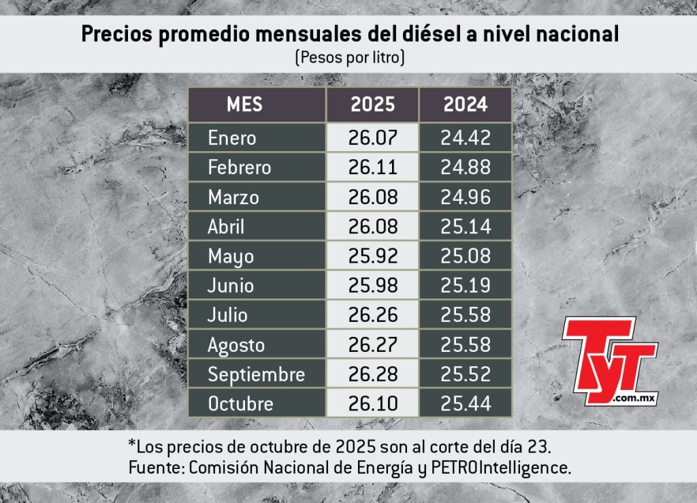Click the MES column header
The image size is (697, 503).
coord(244,105)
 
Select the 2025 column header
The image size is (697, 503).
coord(372,105)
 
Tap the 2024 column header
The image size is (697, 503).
coord(466,105)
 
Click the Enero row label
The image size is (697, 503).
coord(232,138)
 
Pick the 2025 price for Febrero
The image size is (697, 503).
coord(372,167)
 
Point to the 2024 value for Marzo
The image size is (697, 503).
coord(466,197)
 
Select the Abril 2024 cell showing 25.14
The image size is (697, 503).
coord(466,227)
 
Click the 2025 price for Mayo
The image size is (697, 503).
coord(372,257)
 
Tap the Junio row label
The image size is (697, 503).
coord(231,286)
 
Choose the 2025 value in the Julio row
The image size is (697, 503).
coord(372,315)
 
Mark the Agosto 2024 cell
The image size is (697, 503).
coord(466,344)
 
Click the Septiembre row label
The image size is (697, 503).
coord(256,374)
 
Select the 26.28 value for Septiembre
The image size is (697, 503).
coord(372,374)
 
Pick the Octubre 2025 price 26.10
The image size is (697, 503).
coord(372,404)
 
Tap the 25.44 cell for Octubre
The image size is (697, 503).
coord(466,404)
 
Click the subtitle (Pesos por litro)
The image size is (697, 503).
coord(350,59)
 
